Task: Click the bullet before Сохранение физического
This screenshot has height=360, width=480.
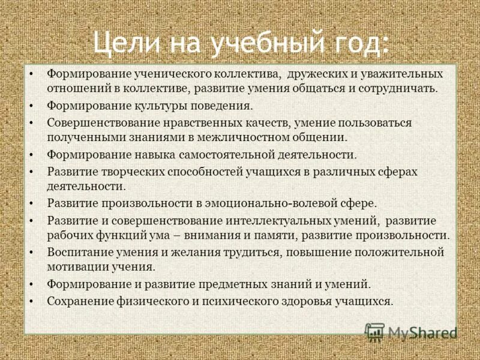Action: [x=33, y=301]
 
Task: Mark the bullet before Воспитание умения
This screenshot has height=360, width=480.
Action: [x=33, y=252]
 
